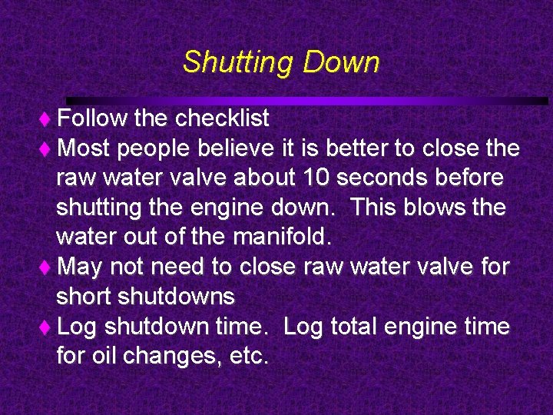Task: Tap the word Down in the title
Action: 341,62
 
